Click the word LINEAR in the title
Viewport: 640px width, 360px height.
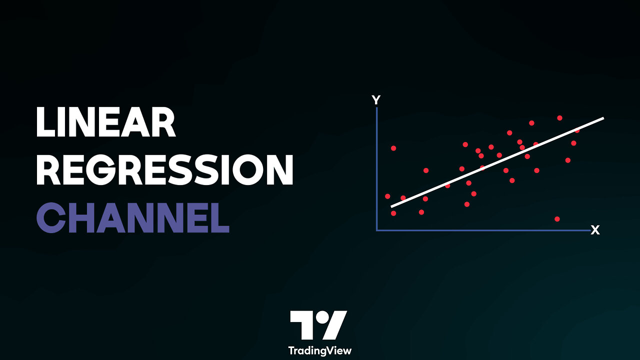pos(106,123)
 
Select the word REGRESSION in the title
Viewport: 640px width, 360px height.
pos(164,170)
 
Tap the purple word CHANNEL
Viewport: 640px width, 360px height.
pos(132,218)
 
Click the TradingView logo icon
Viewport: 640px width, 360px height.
pos(318,325)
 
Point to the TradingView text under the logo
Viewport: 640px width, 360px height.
pos(319,350)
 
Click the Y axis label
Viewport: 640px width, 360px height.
pos(376,100)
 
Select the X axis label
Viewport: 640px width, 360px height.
pos(595,230)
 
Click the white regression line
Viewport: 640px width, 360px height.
pos(497,162)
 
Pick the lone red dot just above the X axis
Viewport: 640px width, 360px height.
pos(557,219)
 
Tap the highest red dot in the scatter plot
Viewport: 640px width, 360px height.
pos(559,118)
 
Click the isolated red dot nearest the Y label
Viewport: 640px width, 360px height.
pos(393,148)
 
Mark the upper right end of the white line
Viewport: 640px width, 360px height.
pos(602,118)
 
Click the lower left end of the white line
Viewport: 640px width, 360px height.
pos(392,205)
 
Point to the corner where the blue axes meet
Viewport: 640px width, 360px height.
pos(376,230)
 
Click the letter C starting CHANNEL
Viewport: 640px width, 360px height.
pos(51,218)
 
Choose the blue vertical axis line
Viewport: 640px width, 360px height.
pos(376,170)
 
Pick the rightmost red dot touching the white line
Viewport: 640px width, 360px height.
pos(577,130)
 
